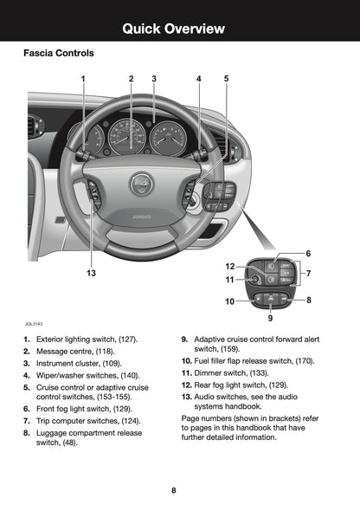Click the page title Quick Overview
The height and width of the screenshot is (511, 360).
[x=179, y=29]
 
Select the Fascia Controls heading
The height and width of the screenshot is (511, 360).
[x=58, y=54]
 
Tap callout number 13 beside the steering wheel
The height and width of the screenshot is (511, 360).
[x=90, y=273]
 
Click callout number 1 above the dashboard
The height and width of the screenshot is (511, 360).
[x=83, y=79]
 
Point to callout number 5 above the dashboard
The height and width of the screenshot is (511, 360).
[x=226, y=79]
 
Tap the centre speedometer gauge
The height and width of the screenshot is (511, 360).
[x=128, y=136]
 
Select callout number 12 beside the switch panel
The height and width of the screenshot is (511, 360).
[x=230, y=266]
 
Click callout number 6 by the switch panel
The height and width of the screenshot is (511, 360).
[x=308, y=253]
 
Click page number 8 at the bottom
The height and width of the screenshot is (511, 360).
[x=173, y=490]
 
